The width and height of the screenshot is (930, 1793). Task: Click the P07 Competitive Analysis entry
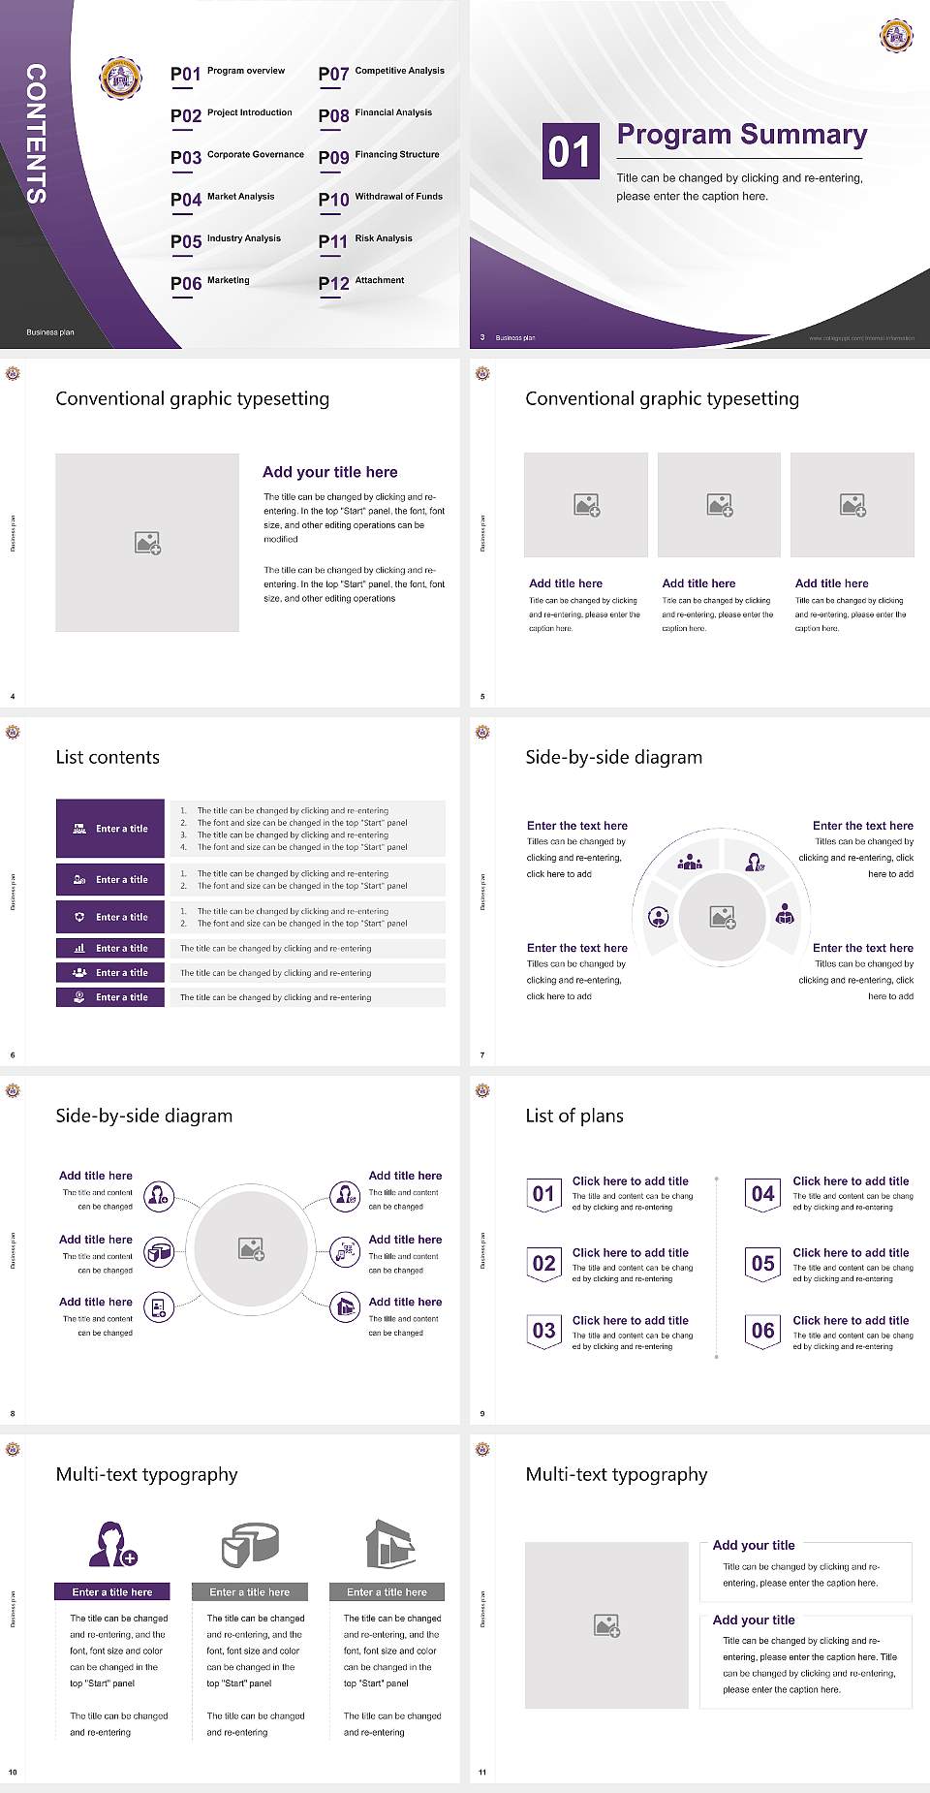pyautogui.click(x=382, y=73)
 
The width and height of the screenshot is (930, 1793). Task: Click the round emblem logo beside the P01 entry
pyautogui.click(x=121, y=79)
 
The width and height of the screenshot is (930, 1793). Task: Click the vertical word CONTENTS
pyautogui.click(x=36, y=134)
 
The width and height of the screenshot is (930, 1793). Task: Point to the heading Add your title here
pyautogui.click(x=329, y=472)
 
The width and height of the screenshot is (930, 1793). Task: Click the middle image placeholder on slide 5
pyautogui.click(x=719, y=505)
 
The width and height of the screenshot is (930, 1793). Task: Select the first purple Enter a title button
pyautogui.click(x=110, y=829)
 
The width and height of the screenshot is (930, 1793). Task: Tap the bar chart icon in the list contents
pyautogui.click(x=79, y=948)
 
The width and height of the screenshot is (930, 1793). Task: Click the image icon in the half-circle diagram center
pyautogui.click(x=723, y=917)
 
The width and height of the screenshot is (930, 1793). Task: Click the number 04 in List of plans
pyautogui.click(x=763, y=1194)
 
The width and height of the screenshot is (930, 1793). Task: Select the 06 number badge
pyautogui.click(x=763, y=1331)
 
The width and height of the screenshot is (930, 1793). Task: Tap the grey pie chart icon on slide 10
pyautogui.click(x=250, y=1544)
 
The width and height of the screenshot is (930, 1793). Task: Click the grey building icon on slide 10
pyautogui.click(x=390, y=1544)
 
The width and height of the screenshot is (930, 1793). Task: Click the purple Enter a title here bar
pyautogui.click(x=111, y=1591)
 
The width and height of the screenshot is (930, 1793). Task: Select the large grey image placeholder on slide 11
pyautogui.click(x=606, y=1624)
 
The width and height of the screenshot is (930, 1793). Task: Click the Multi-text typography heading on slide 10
pyautogui.click(x=146, y=1474)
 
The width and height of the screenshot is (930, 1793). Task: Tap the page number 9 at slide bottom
pyautogui.click(x=482, y=1413)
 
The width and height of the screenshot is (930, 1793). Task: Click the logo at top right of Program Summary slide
pyautogui.click(x=896, y=35)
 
